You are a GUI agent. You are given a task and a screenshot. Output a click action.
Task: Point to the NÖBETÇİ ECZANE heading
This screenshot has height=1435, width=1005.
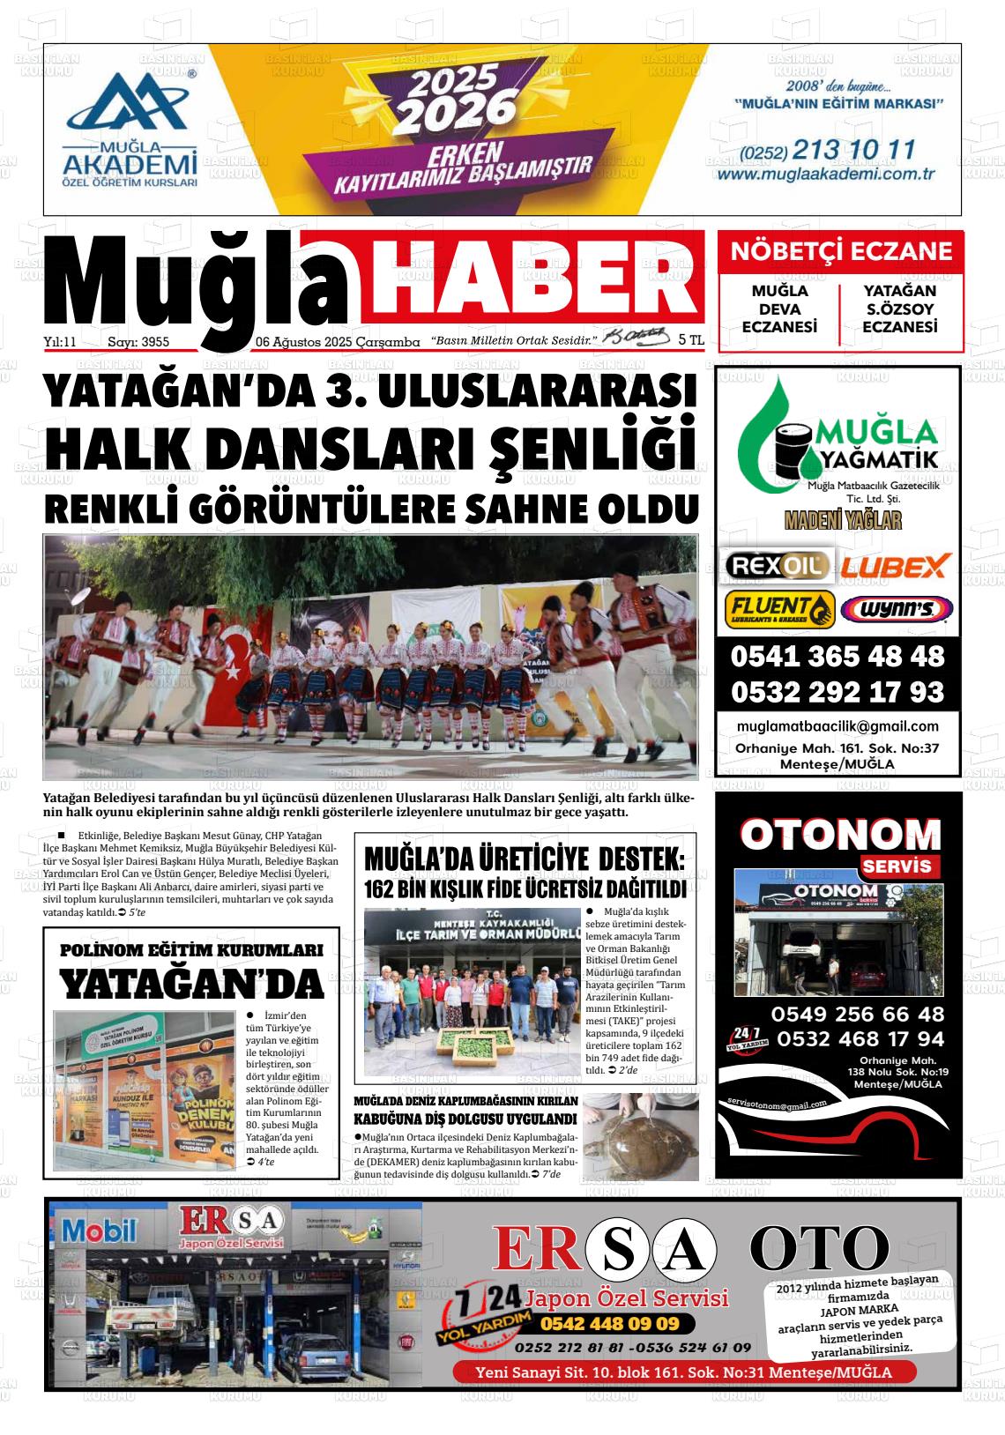(840, 252)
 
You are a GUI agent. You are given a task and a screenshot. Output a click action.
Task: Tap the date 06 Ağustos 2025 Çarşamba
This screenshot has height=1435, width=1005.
(337, 342)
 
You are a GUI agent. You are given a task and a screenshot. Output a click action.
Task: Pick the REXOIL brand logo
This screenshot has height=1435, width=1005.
(776, 565)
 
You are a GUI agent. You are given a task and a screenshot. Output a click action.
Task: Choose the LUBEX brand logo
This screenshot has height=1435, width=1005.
(895, 565)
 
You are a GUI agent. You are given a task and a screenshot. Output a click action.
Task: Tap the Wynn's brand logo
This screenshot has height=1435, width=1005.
(897, 609)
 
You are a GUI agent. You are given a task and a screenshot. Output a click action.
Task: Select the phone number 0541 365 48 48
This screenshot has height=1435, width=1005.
(837, 657)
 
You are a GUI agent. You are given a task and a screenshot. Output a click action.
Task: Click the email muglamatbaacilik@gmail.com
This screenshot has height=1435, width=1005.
(837, 726)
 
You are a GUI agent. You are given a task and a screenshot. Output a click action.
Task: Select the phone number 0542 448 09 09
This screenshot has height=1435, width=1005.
(609, 1324)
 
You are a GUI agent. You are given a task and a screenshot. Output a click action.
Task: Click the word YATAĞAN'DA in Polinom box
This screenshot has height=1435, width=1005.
(191, 985)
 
